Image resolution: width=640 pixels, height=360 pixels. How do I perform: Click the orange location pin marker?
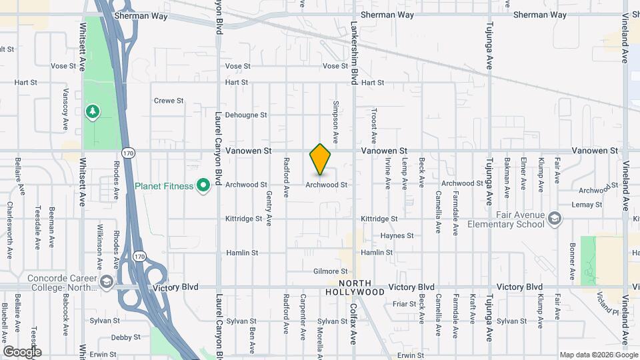pos(321,159)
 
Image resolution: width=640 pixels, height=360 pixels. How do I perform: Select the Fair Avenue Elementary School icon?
pos(555,219)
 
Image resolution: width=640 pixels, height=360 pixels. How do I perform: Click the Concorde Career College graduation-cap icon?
pos(106,283)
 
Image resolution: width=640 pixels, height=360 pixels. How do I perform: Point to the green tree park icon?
pos(93,111)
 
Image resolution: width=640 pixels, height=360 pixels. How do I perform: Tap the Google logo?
pos(22,351)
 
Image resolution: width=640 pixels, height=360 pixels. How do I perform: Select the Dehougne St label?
pos(246,115)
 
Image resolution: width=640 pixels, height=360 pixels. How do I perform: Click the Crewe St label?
pos(169,101)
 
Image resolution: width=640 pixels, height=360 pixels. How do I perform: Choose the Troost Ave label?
pos(374,123)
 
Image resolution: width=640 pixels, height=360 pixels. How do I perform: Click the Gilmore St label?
pos(331,271)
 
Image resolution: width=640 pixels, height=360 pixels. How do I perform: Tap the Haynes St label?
pos(397,236)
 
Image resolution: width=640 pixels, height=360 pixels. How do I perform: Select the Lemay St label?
pos(587,205)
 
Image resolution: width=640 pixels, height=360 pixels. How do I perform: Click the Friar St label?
pos(404,303)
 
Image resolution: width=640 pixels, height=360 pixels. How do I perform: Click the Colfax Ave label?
pos(353,323)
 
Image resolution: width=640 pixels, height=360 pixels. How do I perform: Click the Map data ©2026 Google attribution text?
pos(598,355)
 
